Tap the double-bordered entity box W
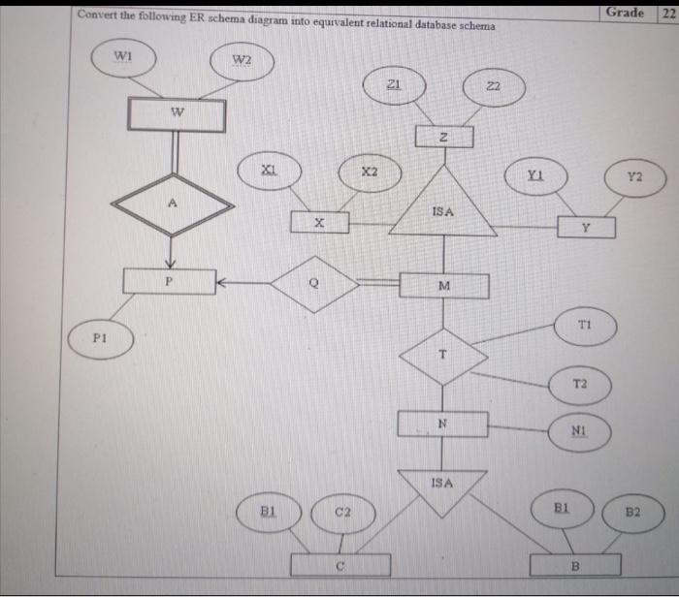tap(178, 115)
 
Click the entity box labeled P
tap(169, 280)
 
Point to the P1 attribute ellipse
tap(100, 341)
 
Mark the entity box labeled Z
tap(443, 137)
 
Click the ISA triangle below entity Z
tap(443, 207)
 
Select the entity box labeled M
tap(444, 286)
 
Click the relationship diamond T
tap(443, 357)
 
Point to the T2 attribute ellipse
tap(580, 386)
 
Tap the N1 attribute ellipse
tap(579, 433)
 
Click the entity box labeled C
tap(340, 564)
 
